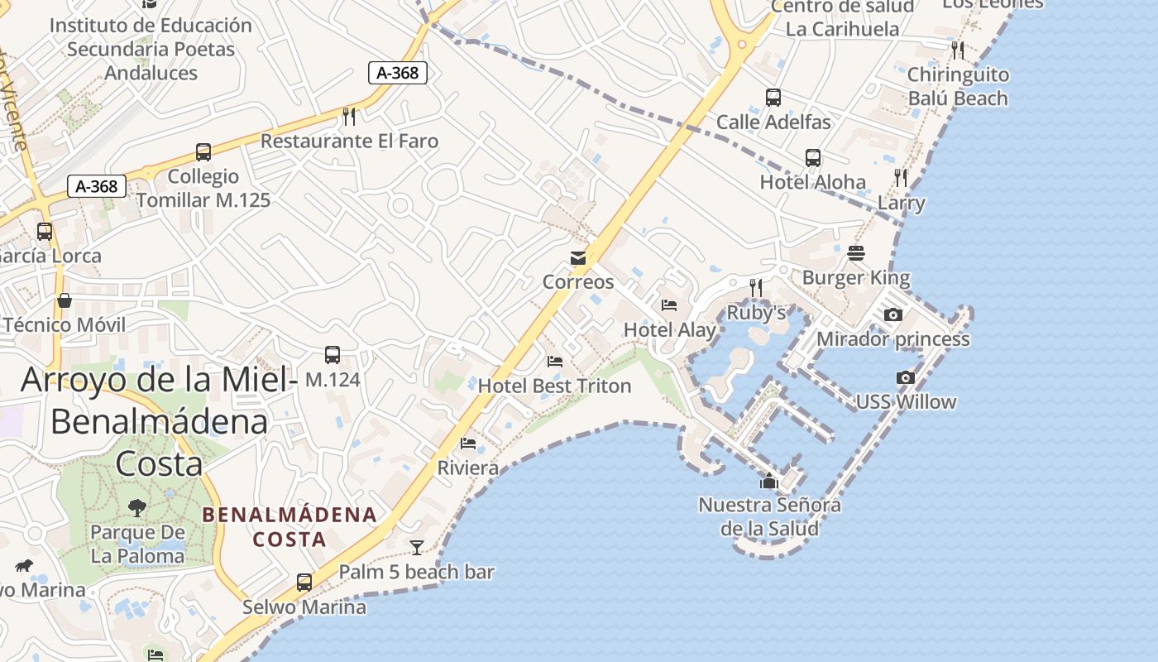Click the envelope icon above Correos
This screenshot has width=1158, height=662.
[x=578, y=258]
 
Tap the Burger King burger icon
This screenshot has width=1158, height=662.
[x=856, y=253]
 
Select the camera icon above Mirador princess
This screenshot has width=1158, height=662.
[x=893, y=315]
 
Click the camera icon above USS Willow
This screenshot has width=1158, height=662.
[x=906, y=378]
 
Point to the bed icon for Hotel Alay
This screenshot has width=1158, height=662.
[x=669, y=305]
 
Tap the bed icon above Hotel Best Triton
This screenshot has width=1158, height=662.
[x=555, y=362]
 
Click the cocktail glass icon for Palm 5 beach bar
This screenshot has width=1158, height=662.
[x=417, y=547]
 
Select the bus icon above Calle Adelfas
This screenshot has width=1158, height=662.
[x=773, y=98]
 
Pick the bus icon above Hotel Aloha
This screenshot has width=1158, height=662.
[x=813, y=158]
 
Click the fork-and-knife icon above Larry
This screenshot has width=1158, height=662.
[x=901, y=178]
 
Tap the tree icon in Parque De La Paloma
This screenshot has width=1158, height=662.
[x=137, y=507]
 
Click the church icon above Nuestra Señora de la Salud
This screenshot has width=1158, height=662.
[x=769, y=480]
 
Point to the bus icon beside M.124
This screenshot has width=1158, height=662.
[x=333, y=355]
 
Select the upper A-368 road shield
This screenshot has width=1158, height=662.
[x=398, y=73]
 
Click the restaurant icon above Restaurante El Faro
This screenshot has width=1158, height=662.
[x=349, y=117]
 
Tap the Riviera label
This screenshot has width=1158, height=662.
[x=468, y=468]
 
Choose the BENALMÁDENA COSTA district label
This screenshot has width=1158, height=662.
[x=289, y=527]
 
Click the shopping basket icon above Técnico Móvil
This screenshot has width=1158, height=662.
[x=65, y=300]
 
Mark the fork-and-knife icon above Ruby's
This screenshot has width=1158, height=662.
[x=755, y=288]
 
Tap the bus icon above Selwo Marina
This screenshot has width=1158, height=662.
[x=304, y=583]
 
